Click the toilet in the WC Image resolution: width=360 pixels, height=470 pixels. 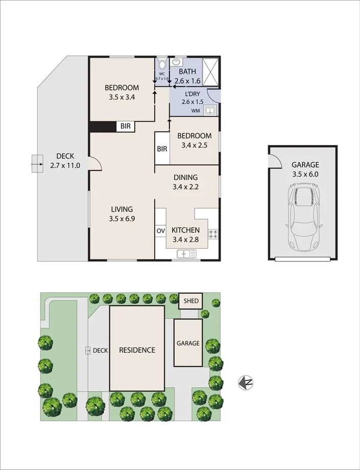(162, 64)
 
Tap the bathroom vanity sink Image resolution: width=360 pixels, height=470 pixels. (176, 62)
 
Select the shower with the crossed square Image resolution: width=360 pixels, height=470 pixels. (211, 72)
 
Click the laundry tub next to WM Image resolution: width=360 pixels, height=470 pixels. (209, 110)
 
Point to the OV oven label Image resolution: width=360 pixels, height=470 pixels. (160, 231)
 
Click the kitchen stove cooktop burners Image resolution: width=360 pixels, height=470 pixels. (213, 234)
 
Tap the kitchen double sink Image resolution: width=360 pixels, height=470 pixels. (186, 253)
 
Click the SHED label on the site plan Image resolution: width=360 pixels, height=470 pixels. (190, 301)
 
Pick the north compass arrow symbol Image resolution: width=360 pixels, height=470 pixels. (246, 382)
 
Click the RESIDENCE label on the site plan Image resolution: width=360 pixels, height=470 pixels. (137, 350)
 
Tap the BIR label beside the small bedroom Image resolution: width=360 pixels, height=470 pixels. (162, 149)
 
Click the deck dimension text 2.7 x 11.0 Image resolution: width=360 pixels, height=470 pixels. (65, 166)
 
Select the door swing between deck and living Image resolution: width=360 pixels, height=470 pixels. (95, 162)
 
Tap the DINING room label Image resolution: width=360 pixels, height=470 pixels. (185, 177)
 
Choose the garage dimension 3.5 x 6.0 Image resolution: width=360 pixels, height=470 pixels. (305, 174)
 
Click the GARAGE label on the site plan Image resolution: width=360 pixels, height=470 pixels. (188, 343)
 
